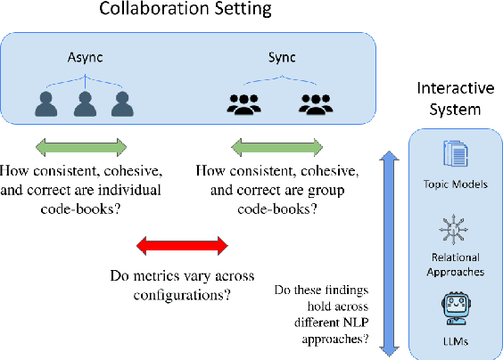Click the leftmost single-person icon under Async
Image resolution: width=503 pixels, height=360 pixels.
[45, 104]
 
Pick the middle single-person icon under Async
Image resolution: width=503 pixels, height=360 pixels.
[83, 104]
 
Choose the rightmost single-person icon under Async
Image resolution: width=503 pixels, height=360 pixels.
[120, 104]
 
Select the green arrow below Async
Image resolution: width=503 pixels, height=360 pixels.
[81, 147]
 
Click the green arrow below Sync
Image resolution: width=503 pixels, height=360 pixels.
[276, 147]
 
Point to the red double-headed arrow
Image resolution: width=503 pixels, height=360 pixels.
[183, 244]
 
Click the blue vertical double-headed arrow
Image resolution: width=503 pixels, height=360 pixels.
[385, 252]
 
